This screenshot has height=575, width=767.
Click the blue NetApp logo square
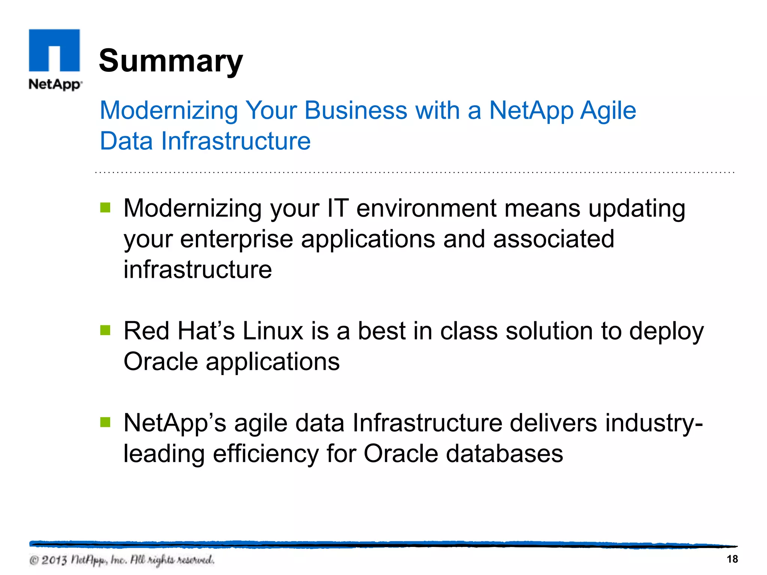pyautogui.click(x=54, y=50)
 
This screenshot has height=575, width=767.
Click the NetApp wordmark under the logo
pyautogui.click(x=55, y=84)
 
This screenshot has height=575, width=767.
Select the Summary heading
pyautogui.click(x=171, y=61)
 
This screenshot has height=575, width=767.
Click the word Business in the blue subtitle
pyautogui.click(x=355, y=110)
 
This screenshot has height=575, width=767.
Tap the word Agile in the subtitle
pyautogui.click(x=608, y=111)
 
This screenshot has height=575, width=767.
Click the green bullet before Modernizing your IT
pyautogui.click(x=106, y=207)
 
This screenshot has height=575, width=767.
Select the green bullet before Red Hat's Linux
pyautogui.click(x=106, y=330)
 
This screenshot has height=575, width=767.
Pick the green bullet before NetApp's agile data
pyautogui.click(x=106, y=422)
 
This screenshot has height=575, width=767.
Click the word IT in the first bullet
pyautogui.click(x=338, y=208)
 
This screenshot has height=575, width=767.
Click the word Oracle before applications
pyautogui.click(x=161, y=362)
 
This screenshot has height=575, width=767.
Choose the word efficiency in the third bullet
pyautogui.click(x=266, y=454)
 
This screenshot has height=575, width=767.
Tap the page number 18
pyautogui.click(x=732, y=559)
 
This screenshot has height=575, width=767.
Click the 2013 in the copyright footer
pyautogui.click(x=54, y=560)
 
